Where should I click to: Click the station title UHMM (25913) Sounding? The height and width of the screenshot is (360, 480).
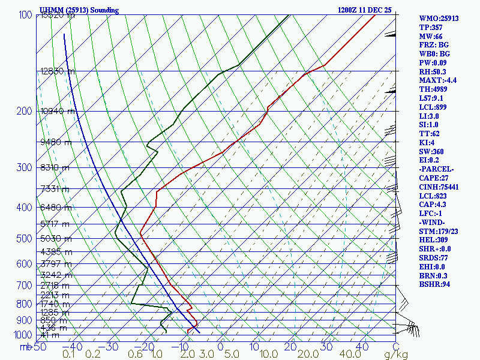coord(79,10)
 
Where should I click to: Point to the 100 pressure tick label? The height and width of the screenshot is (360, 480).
coord(25,15)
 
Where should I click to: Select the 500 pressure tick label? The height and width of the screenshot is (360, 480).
coord(25,239)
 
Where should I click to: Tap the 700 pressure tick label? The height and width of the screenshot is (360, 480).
coord(25,286)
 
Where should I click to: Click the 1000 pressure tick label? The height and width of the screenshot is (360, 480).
coord(23,335)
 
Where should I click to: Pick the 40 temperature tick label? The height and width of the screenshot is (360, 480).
coord(362,347)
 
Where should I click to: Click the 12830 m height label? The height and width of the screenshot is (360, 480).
coord(58,71)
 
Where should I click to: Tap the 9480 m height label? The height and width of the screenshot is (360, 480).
coord(55,142)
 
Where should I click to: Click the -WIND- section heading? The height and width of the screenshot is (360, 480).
coord(434,223)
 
